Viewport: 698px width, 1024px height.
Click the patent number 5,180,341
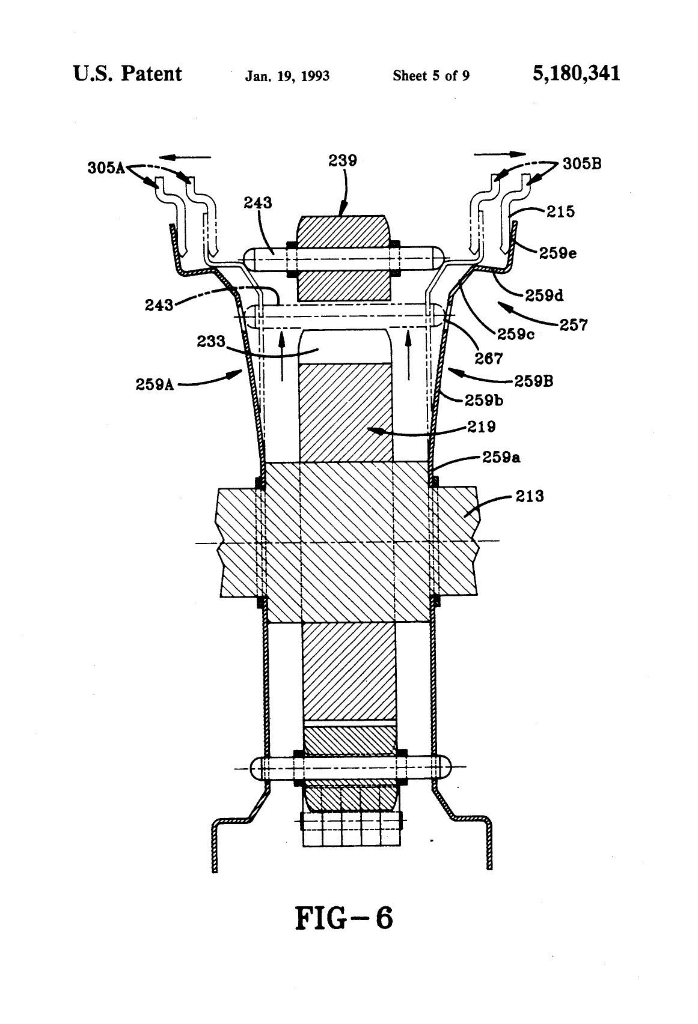tap(575, 74)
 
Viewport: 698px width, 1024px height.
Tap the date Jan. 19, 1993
tap(287, 76)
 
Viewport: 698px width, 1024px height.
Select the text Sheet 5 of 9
tap(430, 76)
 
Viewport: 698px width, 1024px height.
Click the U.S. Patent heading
tap(127, 74)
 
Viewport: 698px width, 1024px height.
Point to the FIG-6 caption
tap(343, 918)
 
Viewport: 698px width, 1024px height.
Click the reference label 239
tap(343, 160)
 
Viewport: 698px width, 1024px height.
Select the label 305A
tap(105, 168)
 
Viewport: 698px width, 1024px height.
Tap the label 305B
tap(582, 163)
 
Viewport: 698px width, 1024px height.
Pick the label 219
tap(482, 426)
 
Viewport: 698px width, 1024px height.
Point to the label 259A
tap(155, 384)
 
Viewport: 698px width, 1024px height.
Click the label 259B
tap(533, 380)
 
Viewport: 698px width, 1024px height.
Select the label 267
tap(488, 359)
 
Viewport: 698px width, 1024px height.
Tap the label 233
tap(210, 342)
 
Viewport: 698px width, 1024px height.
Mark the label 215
tap(560, 211)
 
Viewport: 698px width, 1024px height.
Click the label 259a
tap(501, 458)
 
